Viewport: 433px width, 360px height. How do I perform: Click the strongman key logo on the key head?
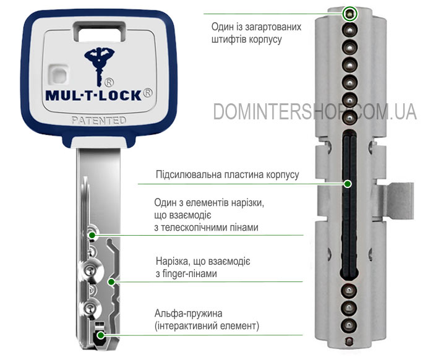point(99,67)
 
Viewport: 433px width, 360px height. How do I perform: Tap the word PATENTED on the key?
point(99,121)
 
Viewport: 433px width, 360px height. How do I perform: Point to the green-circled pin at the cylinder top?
point(349,14)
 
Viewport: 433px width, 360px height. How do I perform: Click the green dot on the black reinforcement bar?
point(348,184)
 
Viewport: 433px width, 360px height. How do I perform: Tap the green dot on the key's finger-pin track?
point(111,282)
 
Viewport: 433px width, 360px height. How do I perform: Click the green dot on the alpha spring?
point(101,335)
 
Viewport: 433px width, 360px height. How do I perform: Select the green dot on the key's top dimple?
point(92,235)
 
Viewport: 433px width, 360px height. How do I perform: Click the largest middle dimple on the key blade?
point(90,270)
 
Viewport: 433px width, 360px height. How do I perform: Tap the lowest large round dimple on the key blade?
point(90,308)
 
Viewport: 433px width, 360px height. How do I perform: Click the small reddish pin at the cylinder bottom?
point(349,342)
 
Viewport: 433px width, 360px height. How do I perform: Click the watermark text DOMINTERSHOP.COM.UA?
point(315,111)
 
